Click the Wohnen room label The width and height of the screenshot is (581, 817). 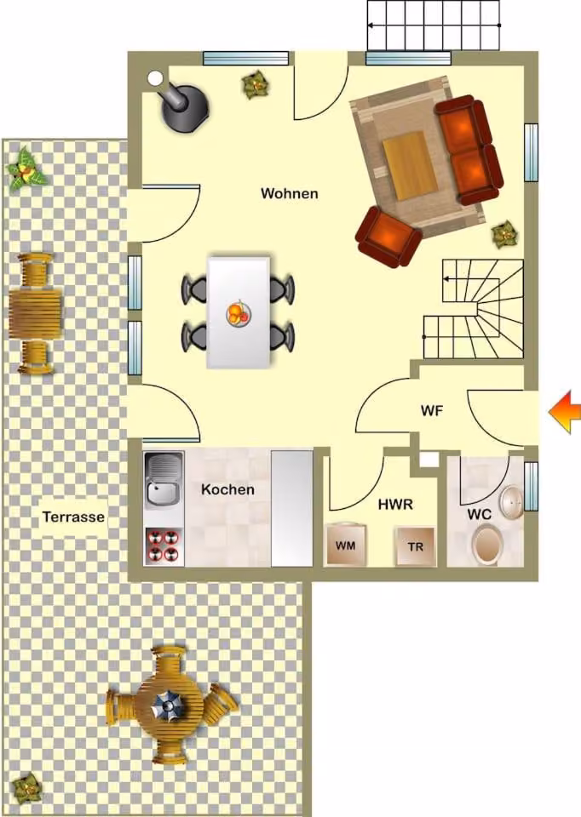point(290,194)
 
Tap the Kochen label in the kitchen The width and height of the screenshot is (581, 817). point(228,490)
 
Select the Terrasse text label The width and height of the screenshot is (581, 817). point(73,517)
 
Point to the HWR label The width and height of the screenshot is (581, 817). point(395,505)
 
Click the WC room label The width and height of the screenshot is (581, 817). point(479,515)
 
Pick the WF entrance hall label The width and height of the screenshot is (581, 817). point(432,410)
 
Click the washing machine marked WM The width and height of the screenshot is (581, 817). point(345,545)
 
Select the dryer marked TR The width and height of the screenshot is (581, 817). point(416,546)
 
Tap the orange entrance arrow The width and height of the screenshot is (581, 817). point(564,412)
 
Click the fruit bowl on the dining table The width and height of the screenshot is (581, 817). point(239,314)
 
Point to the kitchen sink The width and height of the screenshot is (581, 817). point(164,479)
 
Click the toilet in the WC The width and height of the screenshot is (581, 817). point(487,543)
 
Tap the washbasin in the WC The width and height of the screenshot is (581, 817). point(511,502)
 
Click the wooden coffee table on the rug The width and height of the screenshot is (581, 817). point(410,165)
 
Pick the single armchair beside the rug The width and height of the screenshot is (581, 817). point(388,236)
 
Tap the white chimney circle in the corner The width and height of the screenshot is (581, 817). point(155,78)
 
